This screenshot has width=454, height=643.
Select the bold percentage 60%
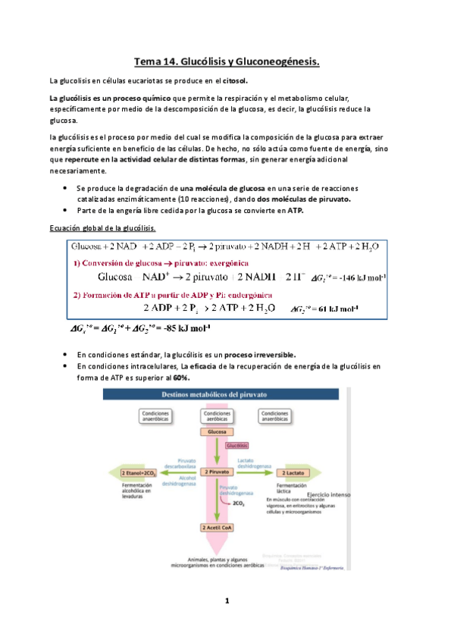(182, 378)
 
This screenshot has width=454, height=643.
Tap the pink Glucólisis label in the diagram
(237, 446)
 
